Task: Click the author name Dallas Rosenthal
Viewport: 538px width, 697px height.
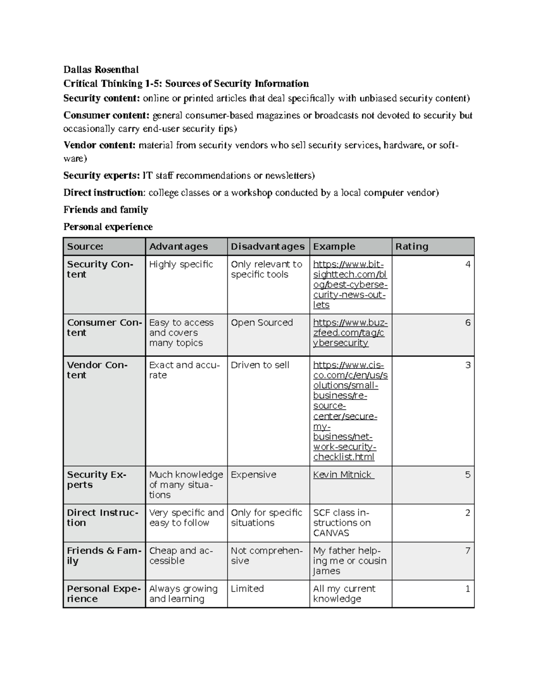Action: [101, 70]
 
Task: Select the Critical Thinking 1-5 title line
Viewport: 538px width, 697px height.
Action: [186, 83]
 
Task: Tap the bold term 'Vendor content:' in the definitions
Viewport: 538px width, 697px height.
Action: [99, 145]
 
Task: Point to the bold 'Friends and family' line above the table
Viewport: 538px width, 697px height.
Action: [105, 210]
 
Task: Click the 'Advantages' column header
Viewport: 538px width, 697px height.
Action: [178, 246]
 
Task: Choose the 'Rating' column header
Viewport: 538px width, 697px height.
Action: [412, 246]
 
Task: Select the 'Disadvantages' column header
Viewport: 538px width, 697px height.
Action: [268, 246]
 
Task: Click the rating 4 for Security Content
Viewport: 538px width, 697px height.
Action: [468, 264]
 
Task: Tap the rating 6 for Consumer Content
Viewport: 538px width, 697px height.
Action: [468, 323]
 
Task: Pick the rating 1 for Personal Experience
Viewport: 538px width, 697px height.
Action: [468, 589]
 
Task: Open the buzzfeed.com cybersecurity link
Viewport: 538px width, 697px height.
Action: [350, 333]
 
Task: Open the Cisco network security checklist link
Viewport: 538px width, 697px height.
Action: [350, 411]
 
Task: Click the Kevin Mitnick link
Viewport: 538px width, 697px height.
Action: [343, 475]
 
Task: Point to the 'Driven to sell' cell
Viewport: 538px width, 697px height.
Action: [260, 365]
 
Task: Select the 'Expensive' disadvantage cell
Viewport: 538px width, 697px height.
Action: [253, 475]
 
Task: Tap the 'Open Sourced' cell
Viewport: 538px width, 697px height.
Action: [262, 323]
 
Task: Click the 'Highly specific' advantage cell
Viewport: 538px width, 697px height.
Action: [181, 264]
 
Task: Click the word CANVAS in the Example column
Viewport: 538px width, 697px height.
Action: [331, 533]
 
